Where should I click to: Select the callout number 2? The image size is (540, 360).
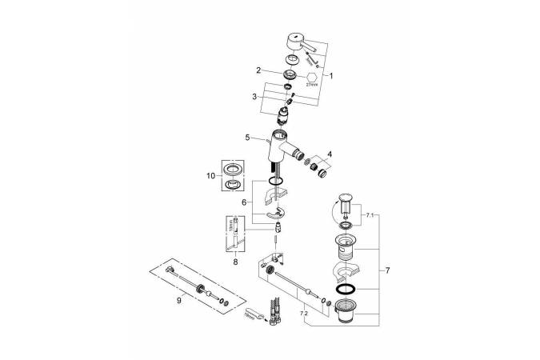(x=259, y=70)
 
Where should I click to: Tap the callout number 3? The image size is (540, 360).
(x=255, y=96)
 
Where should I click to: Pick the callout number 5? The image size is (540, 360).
(x=249, y=136)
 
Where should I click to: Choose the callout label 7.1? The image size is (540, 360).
(x=368, y=216)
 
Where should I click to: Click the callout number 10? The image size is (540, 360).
(x=210, y=175)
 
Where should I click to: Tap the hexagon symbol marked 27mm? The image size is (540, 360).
(x=312, y=76)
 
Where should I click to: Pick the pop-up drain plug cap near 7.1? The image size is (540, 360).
(x=346, y=200)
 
